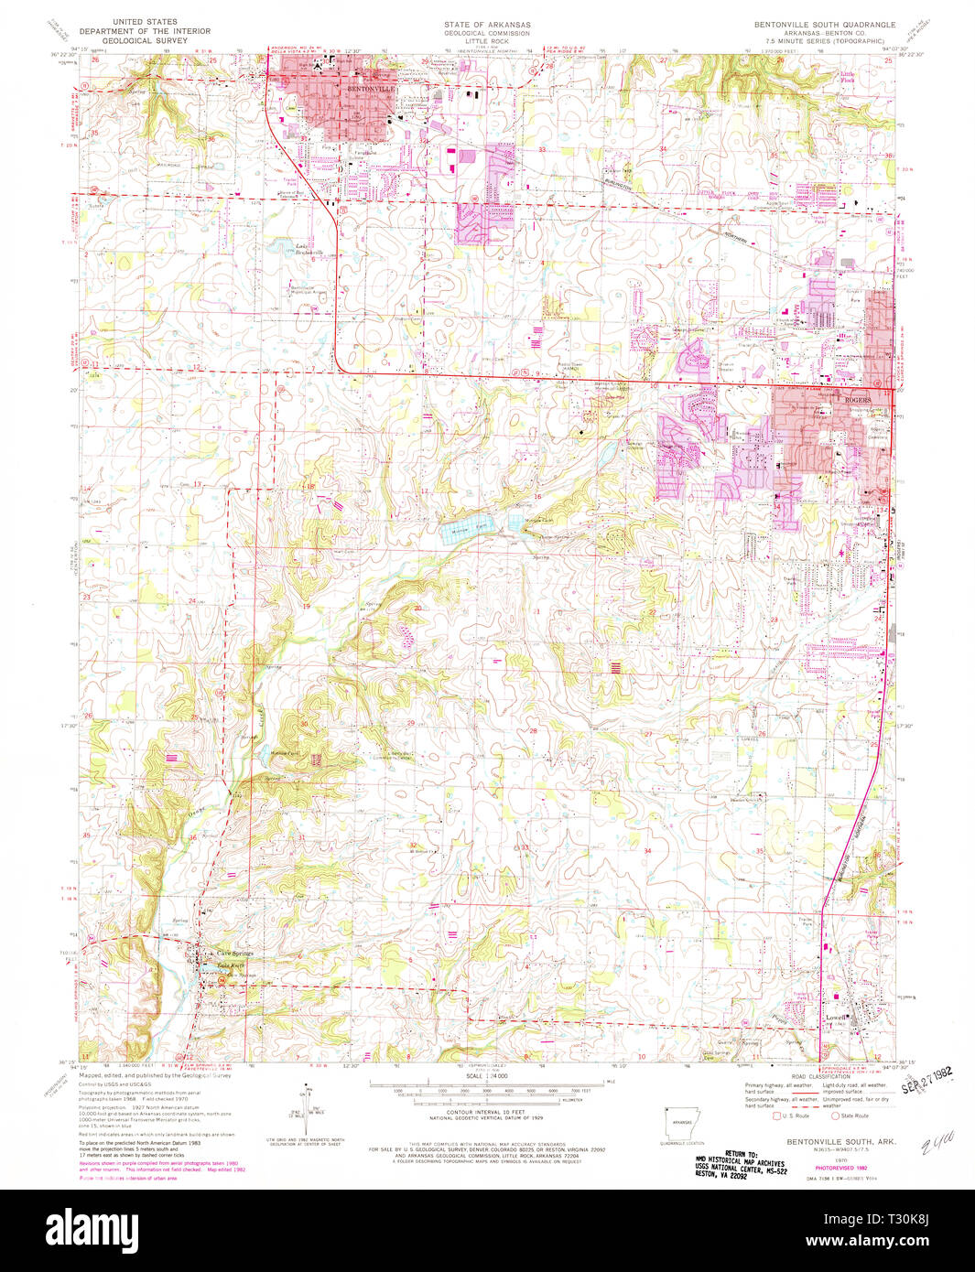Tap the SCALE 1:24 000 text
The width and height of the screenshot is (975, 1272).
[x=486, y=1075]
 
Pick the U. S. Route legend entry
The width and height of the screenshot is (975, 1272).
[x=795, y=1116]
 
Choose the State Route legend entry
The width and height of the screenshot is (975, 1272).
[x=850, y=1116]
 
